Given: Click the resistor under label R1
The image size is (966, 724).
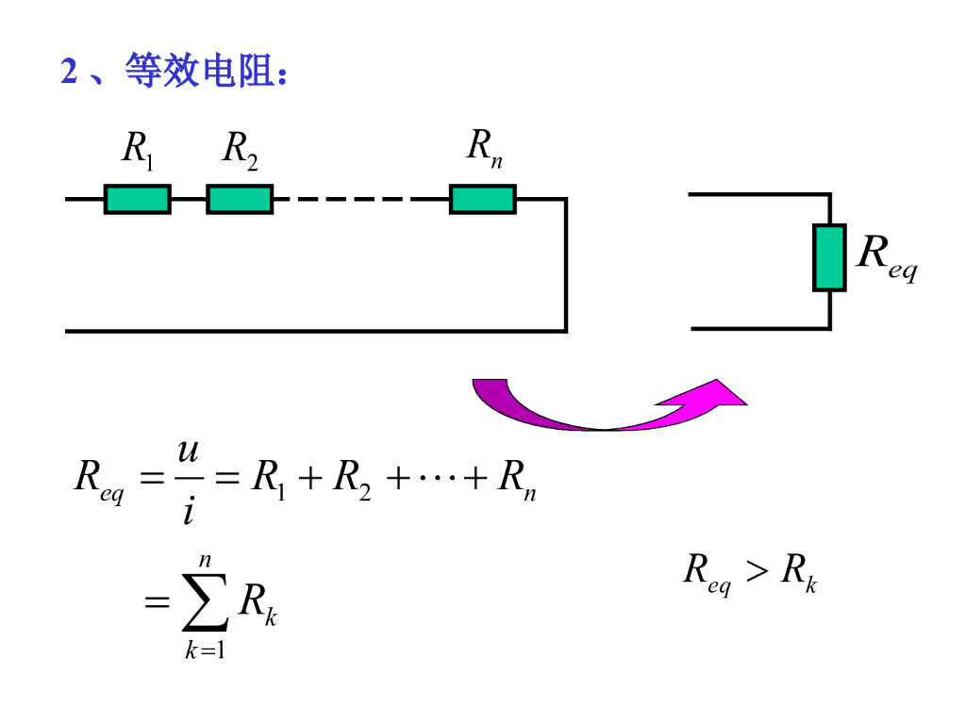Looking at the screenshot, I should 138,199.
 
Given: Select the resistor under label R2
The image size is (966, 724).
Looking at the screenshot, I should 240,199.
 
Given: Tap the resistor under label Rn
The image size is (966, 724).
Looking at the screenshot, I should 482,199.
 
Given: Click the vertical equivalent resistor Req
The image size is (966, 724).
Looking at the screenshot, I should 829,257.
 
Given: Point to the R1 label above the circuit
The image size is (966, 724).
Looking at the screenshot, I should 138,150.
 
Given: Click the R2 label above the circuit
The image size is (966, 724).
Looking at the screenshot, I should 240,150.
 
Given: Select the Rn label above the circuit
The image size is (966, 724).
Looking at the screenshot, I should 484,148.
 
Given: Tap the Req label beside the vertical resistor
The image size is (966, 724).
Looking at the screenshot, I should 886,256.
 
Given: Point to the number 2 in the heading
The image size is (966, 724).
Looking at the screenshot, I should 68,73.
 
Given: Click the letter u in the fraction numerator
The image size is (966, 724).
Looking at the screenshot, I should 188,453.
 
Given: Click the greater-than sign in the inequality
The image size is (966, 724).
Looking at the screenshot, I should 757,571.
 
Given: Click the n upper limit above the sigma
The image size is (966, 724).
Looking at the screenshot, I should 205,560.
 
